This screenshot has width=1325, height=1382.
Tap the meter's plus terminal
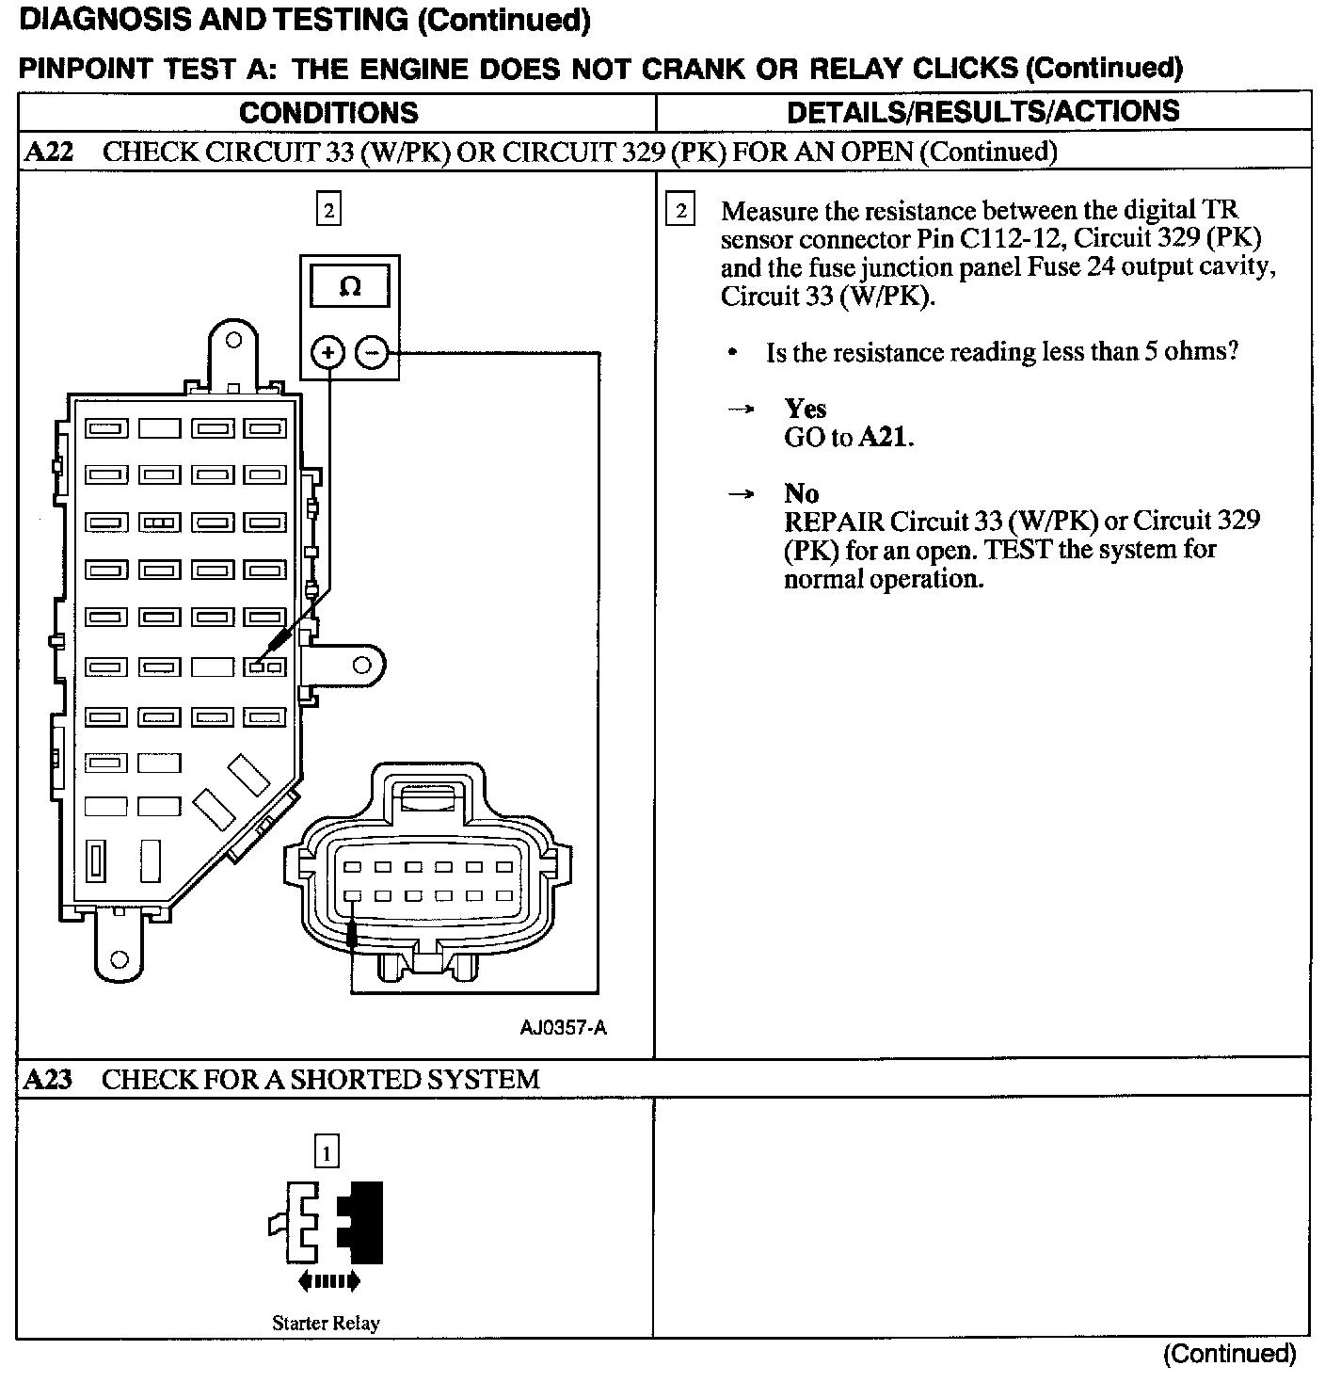tap(328, 353)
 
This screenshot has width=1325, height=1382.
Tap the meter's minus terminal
tap(372, 353)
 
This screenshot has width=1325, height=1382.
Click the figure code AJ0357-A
tap(563, 1027)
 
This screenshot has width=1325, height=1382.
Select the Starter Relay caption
tap(326, 1323)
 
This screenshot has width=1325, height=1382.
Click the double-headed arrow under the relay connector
tap(328, 1280)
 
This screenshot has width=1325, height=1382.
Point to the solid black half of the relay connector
tap(367, 1221)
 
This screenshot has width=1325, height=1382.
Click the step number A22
tap(48, 152)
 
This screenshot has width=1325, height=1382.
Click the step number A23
tap(48, 1079)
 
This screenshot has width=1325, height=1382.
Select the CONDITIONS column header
tap(328, 113)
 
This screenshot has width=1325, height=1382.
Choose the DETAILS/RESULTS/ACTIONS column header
tap(982, 112)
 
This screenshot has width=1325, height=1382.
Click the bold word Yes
tap(806, 409)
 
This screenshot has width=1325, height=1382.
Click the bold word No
tap(801, 493)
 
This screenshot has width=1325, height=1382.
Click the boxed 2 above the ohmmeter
tap(328, 211)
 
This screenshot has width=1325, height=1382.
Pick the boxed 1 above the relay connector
tap(327, 1151)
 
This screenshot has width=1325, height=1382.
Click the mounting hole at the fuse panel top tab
tap(233, 340)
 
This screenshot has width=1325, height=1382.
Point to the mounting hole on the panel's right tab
tap(362, 666)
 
